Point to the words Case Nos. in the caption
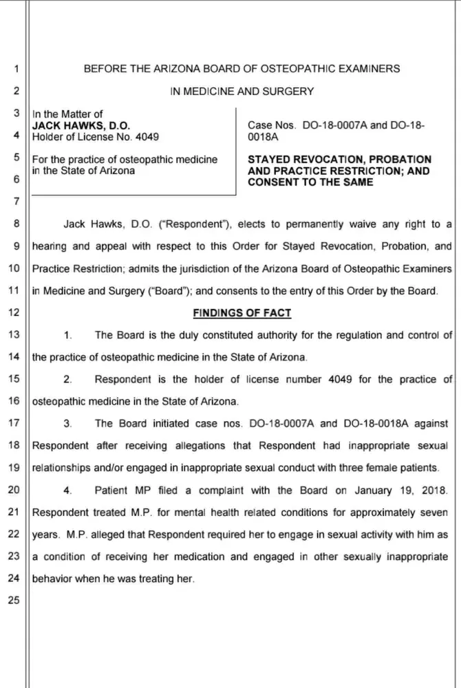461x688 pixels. coord(272,126)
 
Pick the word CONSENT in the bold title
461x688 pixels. coord(275,182)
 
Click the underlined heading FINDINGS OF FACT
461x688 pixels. coord(242,313)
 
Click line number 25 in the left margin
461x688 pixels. coord(14,601)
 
